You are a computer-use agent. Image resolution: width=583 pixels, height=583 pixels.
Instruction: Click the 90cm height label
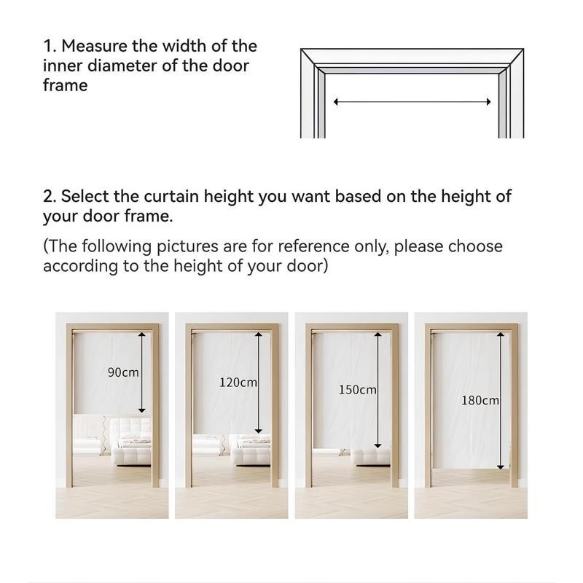pyautogui.click(x=123, y=372)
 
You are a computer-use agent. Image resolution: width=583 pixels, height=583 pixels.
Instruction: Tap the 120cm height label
pyautogui.click(x=238, y=382)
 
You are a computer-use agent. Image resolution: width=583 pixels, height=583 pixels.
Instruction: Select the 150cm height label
pyautogui.click(x=357, y=390)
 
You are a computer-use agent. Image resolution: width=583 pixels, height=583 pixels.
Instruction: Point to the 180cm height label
pyautogui.click(x=480, y=400)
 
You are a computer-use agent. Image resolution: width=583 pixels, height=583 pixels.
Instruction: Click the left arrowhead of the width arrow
pyautogui.click(x=336, y=101)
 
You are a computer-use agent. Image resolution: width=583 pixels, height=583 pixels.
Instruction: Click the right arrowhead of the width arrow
pyautogui.click(x=488, y=101)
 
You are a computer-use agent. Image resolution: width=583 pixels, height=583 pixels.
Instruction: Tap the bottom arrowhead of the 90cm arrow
pyautogui.click(x=141, y=410)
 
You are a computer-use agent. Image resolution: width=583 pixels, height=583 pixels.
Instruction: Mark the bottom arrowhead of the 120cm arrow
pyautogui.click(x=259, y=431)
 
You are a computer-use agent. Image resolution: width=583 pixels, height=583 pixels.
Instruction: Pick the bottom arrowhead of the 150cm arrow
pyautogui.click(x=377, y=445)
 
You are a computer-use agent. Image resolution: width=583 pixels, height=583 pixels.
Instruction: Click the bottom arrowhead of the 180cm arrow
pyautogui.click(x=501, y=467)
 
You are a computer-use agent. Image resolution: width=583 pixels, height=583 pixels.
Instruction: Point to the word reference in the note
pyautogui.click(x=313, y=246)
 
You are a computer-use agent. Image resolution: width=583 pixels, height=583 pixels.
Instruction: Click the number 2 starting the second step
pyautogui.click(x=47, y=196)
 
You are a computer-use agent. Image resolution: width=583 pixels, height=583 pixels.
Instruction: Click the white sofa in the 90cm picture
pyautogui.click(x=132, y=442)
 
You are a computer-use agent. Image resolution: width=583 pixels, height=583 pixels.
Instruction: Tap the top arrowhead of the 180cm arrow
pyautogui.click(x=501, y=335)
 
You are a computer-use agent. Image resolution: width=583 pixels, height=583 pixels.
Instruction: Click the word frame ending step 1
pyautogui.click(x=66, y=85)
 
